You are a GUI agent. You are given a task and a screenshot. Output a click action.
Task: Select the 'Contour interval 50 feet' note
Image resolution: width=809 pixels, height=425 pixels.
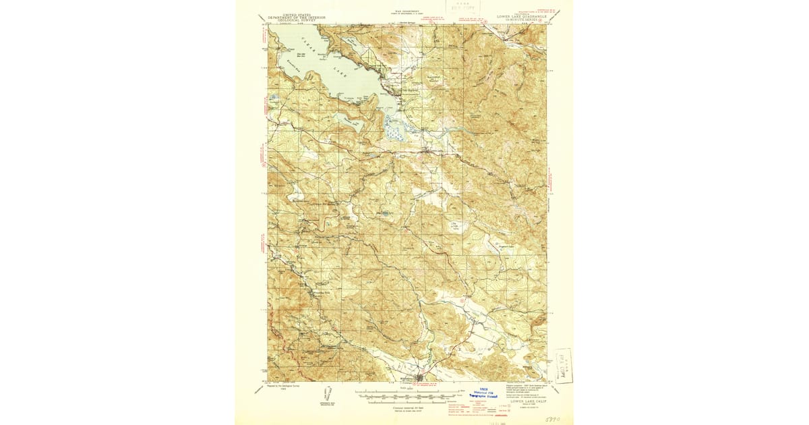(x=404, y=408)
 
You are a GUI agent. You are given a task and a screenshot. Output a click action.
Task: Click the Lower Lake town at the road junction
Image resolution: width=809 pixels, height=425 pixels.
(x=427, y=150)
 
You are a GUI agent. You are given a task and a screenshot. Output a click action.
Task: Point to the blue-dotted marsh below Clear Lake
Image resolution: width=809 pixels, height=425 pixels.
(x=394, y=128)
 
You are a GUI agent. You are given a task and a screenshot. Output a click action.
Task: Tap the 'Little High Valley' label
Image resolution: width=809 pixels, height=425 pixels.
(x=458, y=226)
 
